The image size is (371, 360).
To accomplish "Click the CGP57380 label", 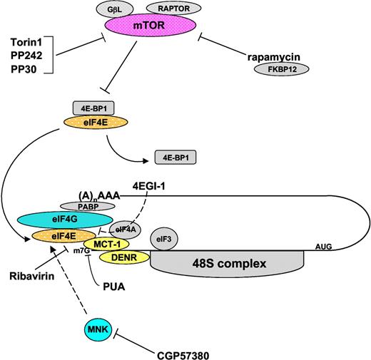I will click(x=185, y=351).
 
